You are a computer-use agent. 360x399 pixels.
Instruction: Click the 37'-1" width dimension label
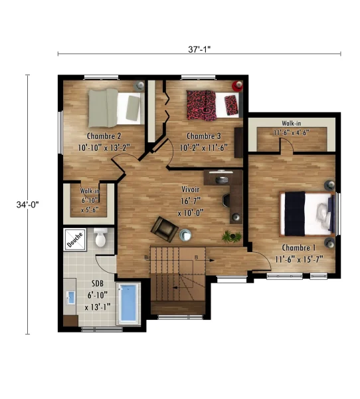tap(199, 49)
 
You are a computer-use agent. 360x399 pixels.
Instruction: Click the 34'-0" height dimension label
tap(27, 205)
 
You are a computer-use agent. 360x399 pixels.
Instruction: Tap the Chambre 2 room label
tap(104, 136)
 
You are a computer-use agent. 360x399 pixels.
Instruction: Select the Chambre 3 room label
tap(204, 136)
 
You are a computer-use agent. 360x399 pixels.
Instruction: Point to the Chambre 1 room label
tap(299, 247)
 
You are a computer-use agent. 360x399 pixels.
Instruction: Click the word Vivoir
tap(190, 190)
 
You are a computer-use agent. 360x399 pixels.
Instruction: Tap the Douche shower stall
tap(75, 239)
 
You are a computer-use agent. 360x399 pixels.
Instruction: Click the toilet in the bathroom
tap(100, 237)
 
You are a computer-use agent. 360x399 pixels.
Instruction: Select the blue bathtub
tap(128, 303)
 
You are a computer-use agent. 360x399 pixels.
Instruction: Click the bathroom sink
tap(70, 298)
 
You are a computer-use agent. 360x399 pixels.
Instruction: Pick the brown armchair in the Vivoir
tap(165, 229)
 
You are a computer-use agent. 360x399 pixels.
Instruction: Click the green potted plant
tap(231, 237)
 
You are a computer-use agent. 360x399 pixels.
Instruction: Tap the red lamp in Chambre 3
tap(238, 86)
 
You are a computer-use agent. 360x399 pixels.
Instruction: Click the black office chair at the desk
tap(226, 200)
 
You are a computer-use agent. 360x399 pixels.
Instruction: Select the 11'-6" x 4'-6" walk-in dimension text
tap(292, 132)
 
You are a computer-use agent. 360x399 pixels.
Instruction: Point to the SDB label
tap(98, 283)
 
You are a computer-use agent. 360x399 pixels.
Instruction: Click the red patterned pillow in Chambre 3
tap(231, 105)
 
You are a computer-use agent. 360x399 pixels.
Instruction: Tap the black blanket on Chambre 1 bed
tap(295, 213)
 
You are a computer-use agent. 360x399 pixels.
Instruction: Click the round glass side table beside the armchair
tap(185, 235)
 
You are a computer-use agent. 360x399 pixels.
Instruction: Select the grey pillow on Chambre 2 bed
tap(133, 108)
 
